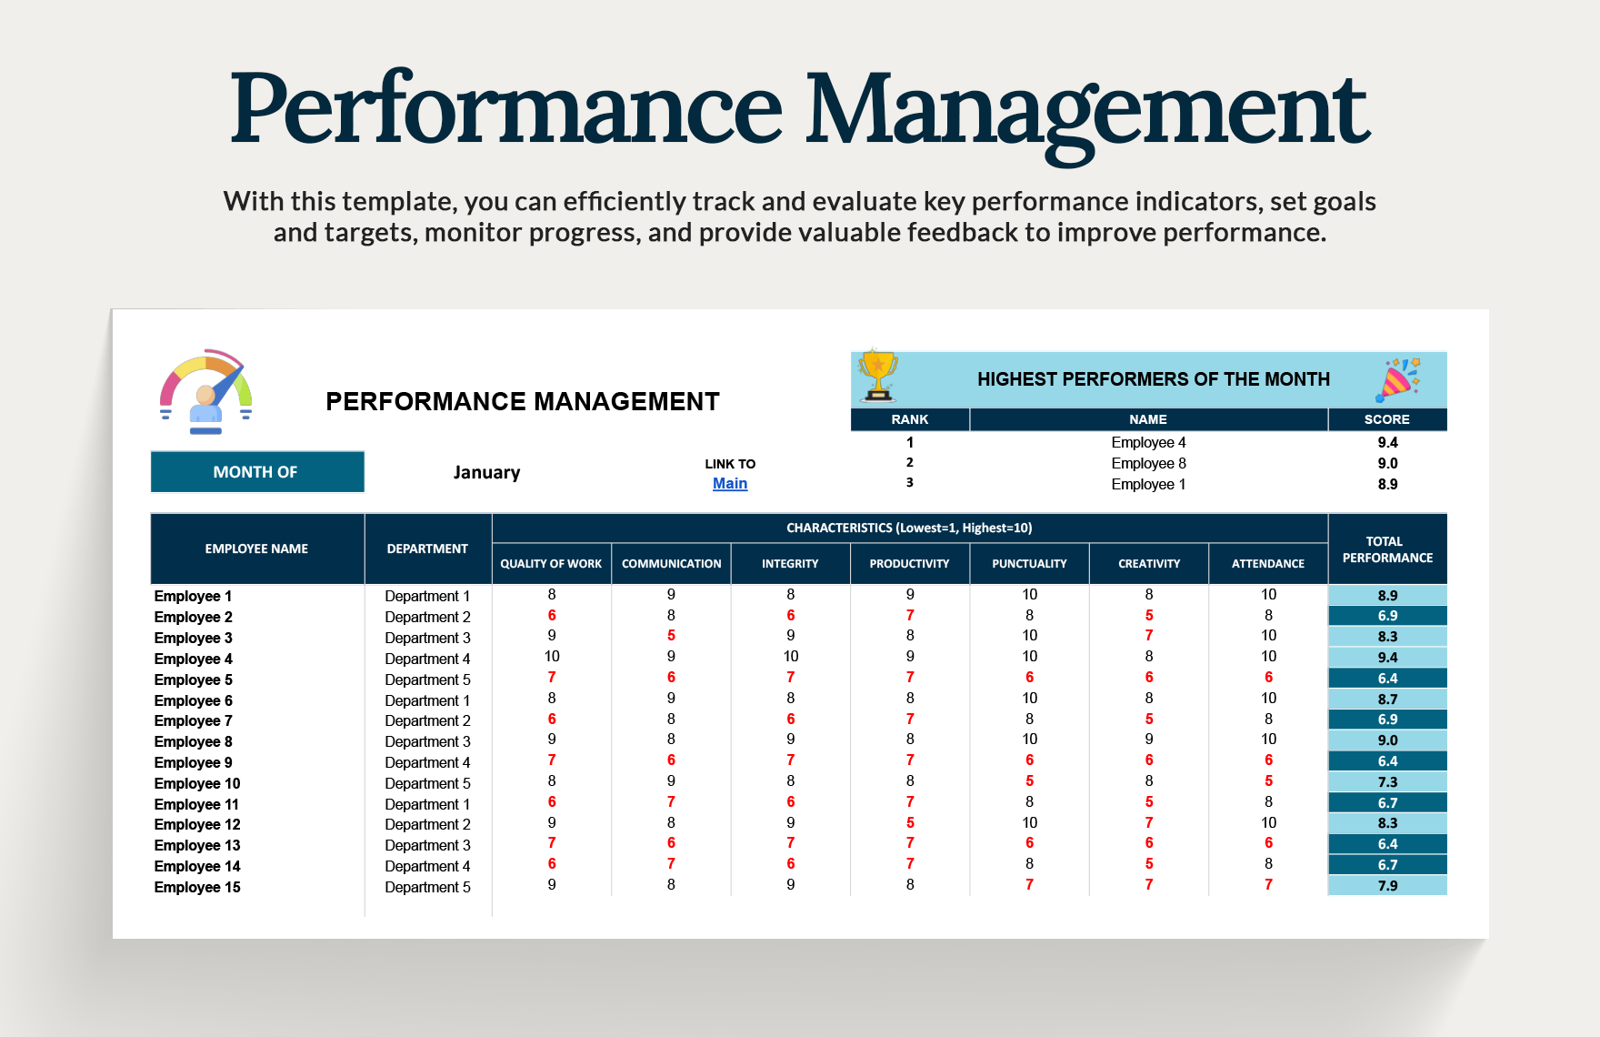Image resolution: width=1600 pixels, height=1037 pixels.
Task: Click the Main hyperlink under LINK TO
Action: click(x=730, y=484)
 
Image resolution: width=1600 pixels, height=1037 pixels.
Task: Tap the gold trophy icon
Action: click(x=878, y=375)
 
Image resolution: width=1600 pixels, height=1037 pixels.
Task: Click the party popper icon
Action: click(x=1397, y=379)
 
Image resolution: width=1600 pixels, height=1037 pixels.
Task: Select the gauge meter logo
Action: click(x=206, y=391)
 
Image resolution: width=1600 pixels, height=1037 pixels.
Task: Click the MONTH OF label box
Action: click(x=257, y=472)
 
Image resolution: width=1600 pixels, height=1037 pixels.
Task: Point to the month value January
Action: click(x=487, y=472)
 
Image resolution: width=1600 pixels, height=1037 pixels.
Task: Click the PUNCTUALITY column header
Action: click(x=1029, y=564)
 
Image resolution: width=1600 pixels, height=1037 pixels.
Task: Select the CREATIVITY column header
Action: click(x=1149, y=564)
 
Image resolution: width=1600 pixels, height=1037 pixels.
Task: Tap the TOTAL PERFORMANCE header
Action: click(x=1387, y=549)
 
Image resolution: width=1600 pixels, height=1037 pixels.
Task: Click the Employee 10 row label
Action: click(x=197, y=783)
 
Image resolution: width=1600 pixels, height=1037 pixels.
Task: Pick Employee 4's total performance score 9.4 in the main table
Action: click(x=1387, y=658)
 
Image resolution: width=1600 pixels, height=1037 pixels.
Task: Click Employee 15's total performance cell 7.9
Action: click(x=1387, y=886)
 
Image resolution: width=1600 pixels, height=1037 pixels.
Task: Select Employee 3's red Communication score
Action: click(x=671, y=636)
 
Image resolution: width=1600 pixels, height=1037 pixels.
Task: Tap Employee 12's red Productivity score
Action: click(x=910, y=822)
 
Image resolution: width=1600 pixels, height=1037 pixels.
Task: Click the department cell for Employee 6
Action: click(x=427, y=700)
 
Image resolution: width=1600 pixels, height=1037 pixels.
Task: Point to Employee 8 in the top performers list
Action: click(x=1148, y=463)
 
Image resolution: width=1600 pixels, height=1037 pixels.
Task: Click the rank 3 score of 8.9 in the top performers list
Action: click(x=1387, y=484)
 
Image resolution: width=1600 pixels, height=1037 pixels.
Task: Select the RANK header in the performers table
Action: click(x=910, y=419)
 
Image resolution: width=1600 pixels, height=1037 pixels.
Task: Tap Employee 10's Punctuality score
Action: click(x=1029, y=781)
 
